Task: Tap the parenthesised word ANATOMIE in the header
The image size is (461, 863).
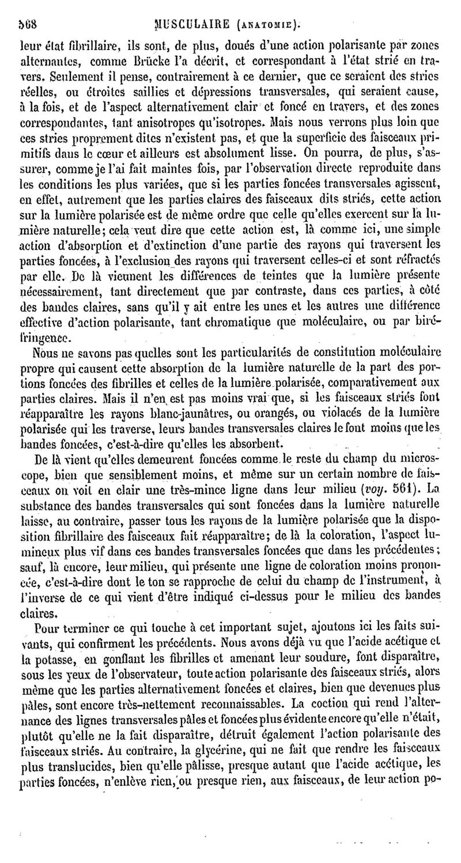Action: (267, 9)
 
